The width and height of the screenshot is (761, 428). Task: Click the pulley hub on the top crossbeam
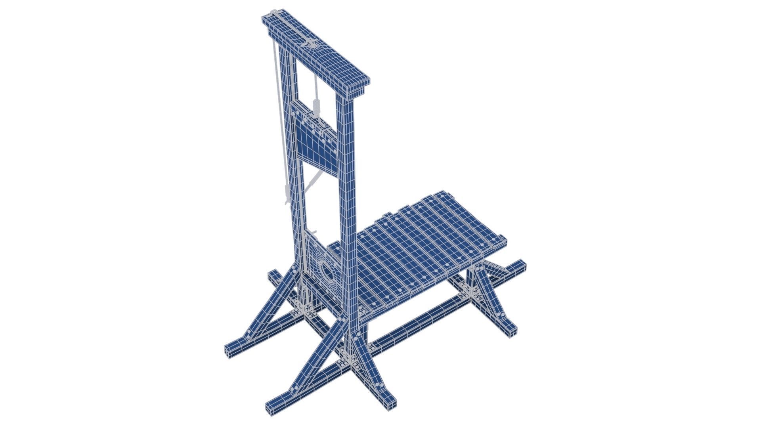click(x=313, y=45)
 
